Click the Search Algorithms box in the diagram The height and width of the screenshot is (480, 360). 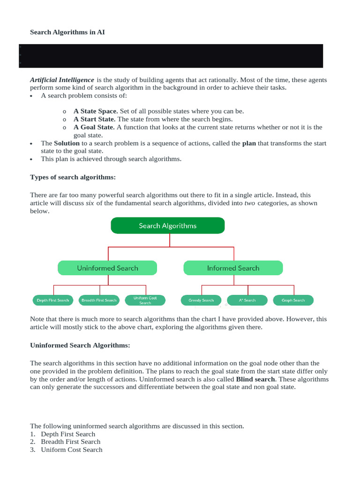pos(167,225)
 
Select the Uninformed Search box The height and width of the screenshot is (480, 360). pos(107,268)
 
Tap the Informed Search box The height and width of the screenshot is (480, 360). pos(233,268)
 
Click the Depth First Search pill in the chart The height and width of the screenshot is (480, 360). pos(53,300)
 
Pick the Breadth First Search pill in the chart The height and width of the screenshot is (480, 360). pos(99,300)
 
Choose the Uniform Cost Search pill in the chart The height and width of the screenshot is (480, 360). pos(145,300)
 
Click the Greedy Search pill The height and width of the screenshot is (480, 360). pos(201,300)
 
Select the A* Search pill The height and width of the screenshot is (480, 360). pos(247,300)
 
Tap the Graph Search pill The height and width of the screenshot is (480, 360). pos(293,300)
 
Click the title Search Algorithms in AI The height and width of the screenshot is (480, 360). pos(71,32)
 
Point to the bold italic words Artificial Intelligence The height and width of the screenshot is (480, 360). pos(62,80)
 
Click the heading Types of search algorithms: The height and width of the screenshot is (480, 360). pos(73,177)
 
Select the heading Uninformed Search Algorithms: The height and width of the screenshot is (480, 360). pos(80,345)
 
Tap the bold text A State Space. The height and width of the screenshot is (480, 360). pos(96,111)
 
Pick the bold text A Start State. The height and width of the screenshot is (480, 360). pos(94,119)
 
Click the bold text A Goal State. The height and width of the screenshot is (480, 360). pos(94,127)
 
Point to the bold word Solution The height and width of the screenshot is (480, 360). pos(67,143)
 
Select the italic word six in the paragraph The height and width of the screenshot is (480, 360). pos(90,203)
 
